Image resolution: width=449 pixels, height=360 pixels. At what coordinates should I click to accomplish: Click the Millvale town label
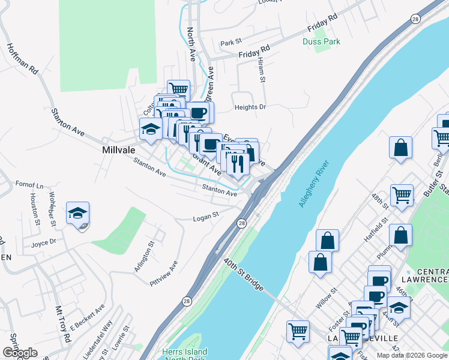tap(116, 149)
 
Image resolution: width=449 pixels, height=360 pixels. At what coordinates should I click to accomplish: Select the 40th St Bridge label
tap(244, 275)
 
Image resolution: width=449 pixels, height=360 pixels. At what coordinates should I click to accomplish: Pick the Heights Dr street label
tap(250, 107)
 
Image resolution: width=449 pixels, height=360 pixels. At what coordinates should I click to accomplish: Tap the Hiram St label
tap(261, 71)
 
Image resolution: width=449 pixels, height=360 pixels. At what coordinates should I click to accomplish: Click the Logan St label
tap(206, 219)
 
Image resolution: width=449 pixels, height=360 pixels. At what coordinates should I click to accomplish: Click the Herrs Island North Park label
tap(184, 355)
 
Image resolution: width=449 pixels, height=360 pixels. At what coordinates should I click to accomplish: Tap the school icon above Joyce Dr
tap(77, 214)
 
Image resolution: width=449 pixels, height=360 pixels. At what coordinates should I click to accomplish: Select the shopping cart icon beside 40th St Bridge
tap(298, 331)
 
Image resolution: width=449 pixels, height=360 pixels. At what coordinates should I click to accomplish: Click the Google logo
tap(20, 353)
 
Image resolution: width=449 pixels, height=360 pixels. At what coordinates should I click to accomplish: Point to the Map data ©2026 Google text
tap(411, 355)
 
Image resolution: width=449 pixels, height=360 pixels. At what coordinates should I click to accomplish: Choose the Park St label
tap(230, 43)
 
